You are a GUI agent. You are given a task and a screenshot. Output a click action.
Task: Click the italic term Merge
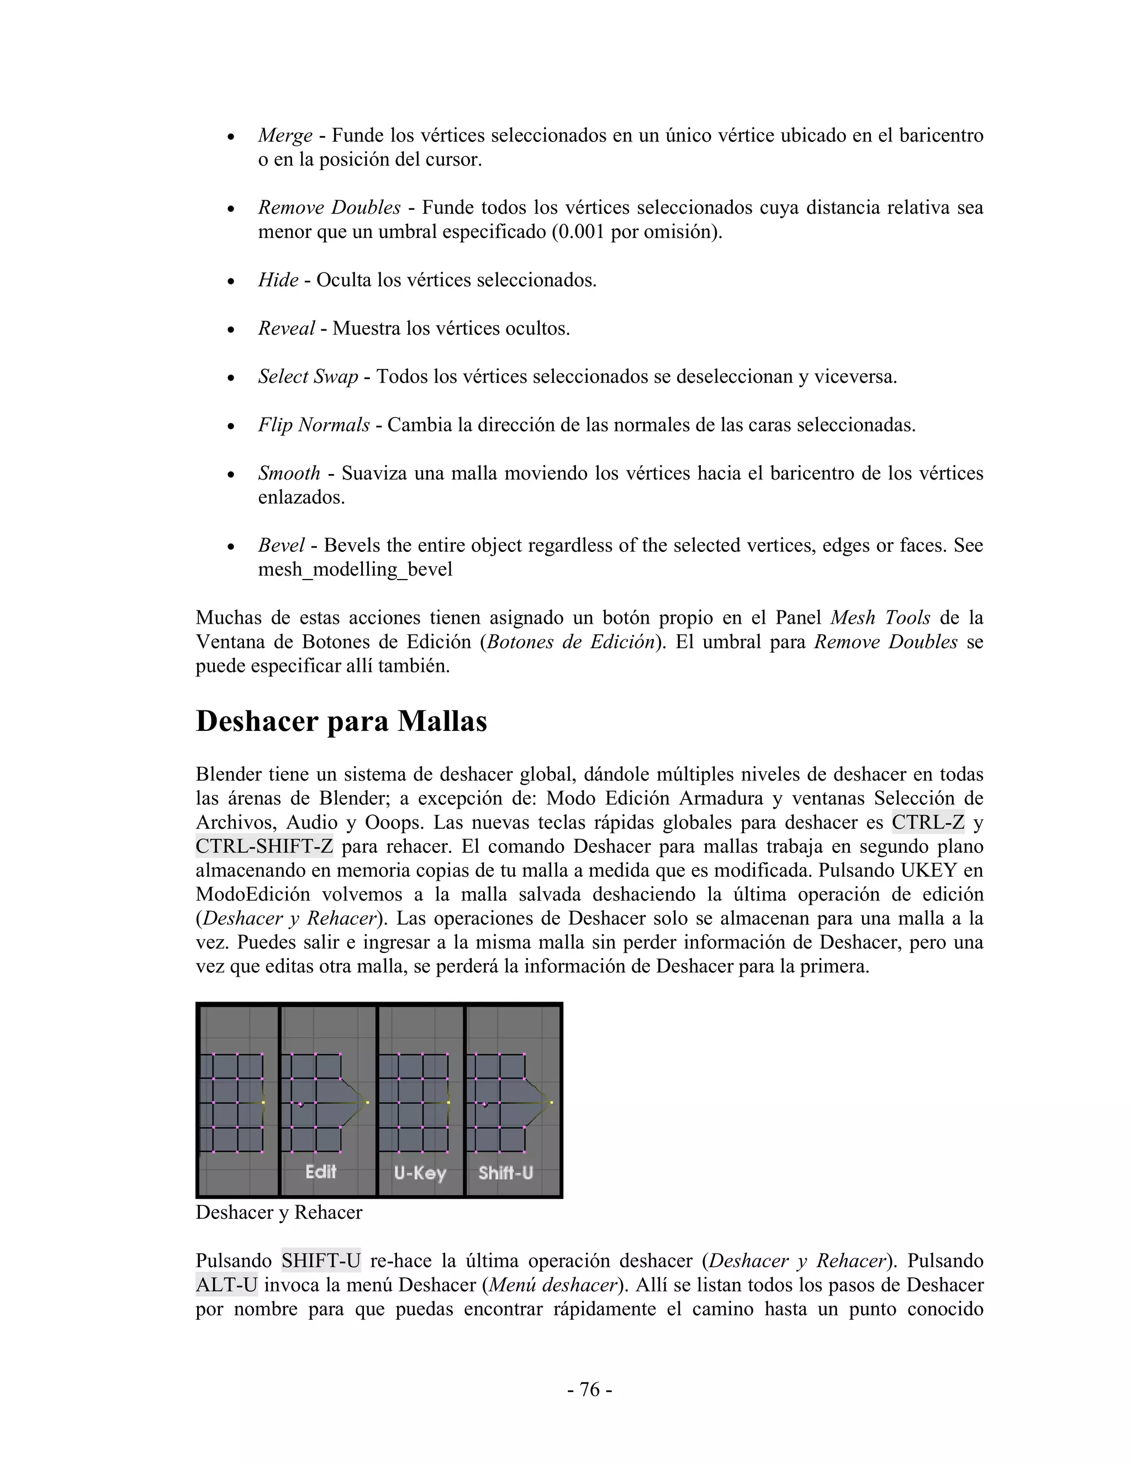(x=286, y=135)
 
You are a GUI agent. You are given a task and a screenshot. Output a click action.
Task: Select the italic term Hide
(x=278, y=280)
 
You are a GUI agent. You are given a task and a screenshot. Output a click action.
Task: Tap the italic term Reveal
(x=286, y=329)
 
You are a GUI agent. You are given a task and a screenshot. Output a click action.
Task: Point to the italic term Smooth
(x=289, y=473)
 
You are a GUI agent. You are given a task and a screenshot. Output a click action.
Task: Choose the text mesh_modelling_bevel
(x=355, y=570)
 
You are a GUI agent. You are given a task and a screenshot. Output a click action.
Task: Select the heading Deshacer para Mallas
(x=341, y=722)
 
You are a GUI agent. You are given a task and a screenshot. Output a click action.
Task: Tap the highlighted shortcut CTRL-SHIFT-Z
(x=264, y=846)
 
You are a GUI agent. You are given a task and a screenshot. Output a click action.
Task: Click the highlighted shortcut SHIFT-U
(x=321, y=1261)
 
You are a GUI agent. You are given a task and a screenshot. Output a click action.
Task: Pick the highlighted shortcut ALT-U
(x=226, y=1285)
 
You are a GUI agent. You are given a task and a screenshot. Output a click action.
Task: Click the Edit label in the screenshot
(x=321, y=1172)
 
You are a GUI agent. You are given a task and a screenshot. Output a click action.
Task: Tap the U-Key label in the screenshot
(x=420, y=1173)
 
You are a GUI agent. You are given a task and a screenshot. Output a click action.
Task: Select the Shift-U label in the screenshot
(x=506, y=1173)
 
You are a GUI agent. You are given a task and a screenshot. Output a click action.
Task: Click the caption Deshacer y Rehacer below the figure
(x=279, y=1213)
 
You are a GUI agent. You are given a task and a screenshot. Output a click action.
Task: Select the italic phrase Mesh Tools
(x=880, y=618)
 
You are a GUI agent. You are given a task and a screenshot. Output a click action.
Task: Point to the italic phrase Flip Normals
(x=314, y=425)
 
